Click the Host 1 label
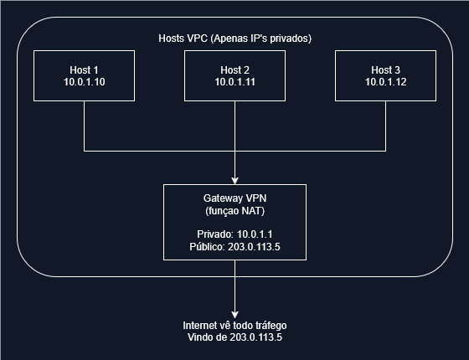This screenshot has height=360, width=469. pyautogui.click(x=84, y=70)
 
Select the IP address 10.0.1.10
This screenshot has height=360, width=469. pyautogui.click(x=84, y=82)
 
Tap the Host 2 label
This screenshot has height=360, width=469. pyautogui.click(x=234, y=70)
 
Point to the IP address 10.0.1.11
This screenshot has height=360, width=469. pyautogui.click(x=234, y=82)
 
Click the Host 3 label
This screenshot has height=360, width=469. pyautogui.click(x=385, y=70)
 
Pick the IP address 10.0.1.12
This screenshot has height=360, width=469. pyautogui.click(x=385, y=82)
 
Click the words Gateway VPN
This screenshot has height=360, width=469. pyautogui.click(x=234, y=198)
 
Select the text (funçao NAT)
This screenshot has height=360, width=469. pyautogui.click(x=234, y=211)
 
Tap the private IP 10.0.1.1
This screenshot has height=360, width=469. pyautogui.click(x=255, y=234)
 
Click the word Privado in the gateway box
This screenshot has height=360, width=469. pyautogui.click(x=215, y=234)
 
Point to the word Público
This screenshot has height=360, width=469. pyautogui.click(x=207, y=247)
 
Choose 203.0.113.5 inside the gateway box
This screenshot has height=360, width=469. pyautogui.click(x=254, y=247)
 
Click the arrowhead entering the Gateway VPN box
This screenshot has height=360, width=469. pyautogui.click(x=234, y=181)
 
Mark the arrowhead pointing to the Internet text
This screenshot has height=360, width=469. pyautogui.click(x=234, y=315)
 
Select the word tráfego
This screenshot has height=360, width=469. pyautogui.click(x=271, y=326)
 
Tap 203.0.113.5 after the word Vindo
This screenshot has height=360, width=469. pyautogui.click(x=255, y=337)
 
